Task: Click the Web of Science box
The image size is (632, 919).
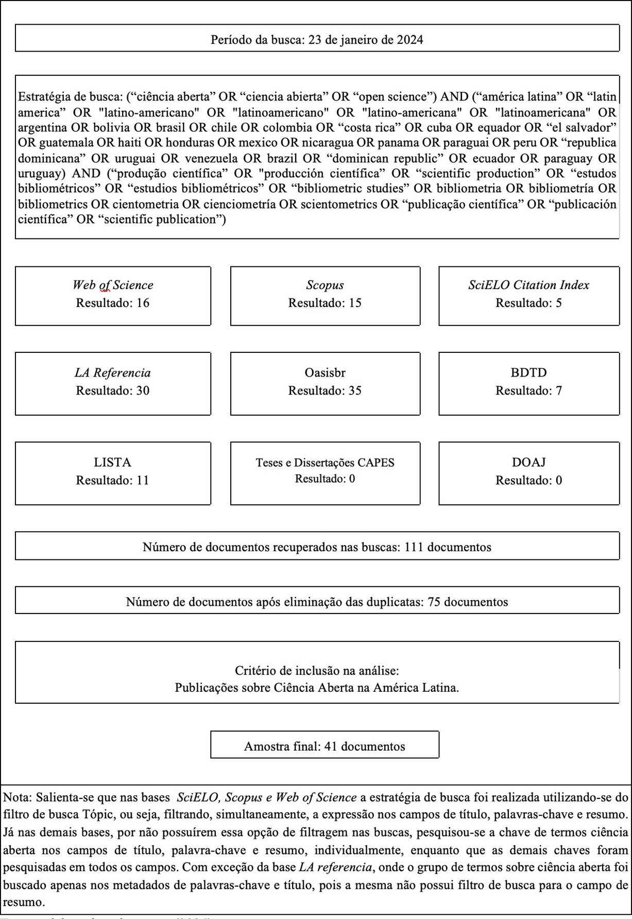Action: tap(113, 296)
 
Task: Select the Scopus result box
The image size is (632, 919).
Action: tap(325, 296)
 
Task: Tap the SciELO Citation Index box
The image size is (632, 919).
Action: tap(528, 296)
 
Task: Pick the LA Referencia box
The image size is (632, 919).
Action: tap(113, 383)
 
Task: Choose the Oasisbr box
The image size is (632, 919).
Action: tap(325, 383)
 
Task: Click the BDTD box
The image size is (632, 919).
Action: tap(528, 383)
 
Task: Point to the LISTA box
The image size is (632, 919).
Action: tap(113, 473)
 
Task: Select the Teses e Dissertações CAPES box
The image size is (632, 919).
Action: tap(325, 473)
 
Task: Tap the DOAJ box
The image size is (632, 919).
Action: tap(528, 473)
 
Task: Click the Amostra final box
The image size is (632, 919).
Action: tap(324, 744)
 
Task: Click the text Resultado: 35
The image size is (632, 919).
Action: tap(325, 390)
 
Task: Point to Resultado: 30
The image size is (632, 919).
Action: tap(113, 390)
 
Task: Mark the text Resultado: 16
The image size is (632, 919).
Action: tap(113, 303)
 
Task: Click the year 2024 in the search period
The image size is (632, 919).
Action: tap(410, 40)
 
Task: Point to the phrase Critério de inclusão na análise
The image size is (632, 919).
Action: tap(316, 671)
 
